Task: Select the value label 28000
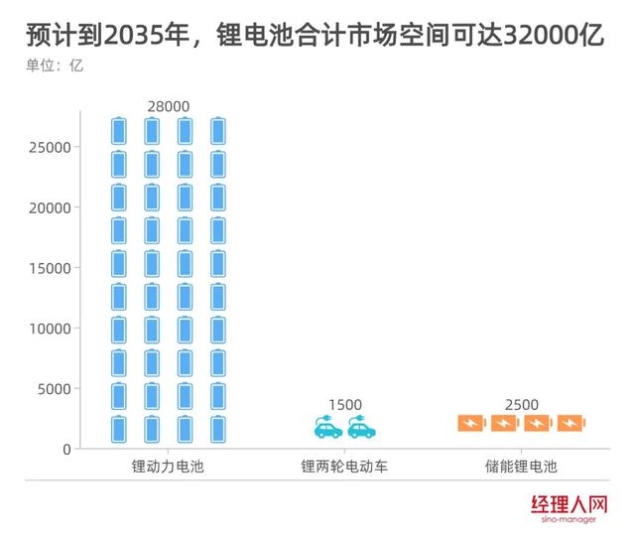(x=168, y=106)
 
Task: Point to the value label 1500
(x=344, y=405)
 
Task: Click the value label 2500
(x=521, y=405)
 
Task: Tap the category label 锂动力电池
(x=168, y=466)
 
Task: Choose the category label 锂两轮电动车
(x=344, y=466)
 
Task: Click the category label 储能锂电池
(x=521, y=466)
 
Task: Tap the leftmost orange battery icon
(x=471, y=424)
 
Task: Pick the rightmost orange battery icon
(x=571, y=424)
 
